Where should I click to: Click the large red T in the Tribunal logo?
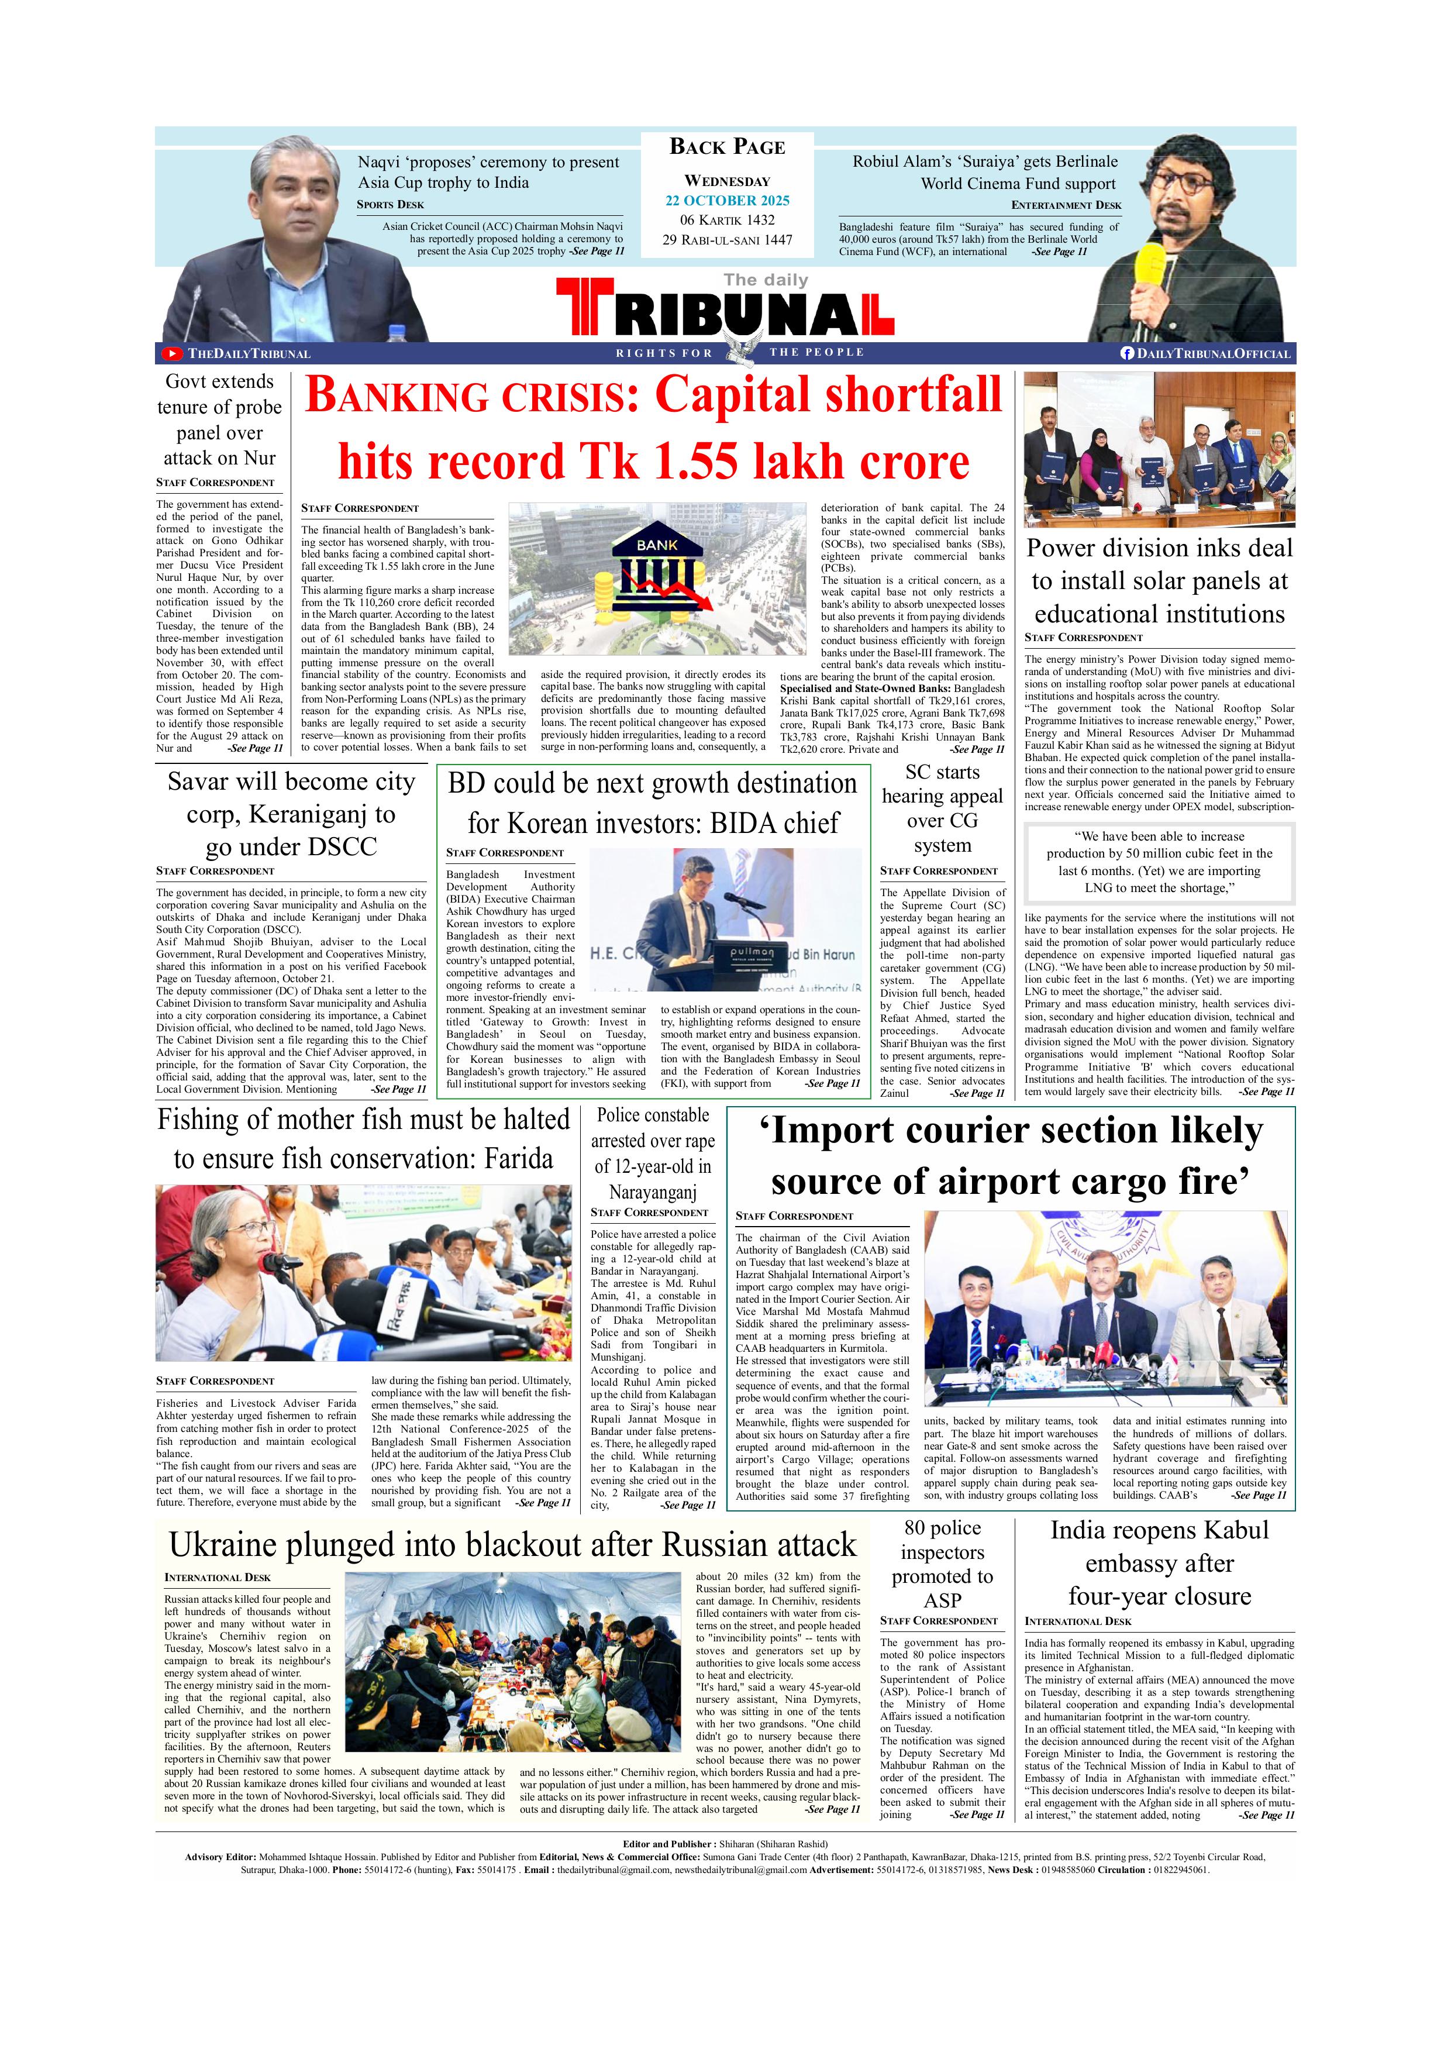pos(584,308)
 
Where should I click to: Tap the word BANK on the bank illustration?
pos(657,543)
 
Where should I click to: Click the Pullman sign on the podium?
pos(752,953)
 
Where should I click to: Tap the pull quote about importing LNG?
pos(1159,862)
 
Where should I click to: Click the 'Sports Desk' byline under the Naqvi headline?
pos(391,205)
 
